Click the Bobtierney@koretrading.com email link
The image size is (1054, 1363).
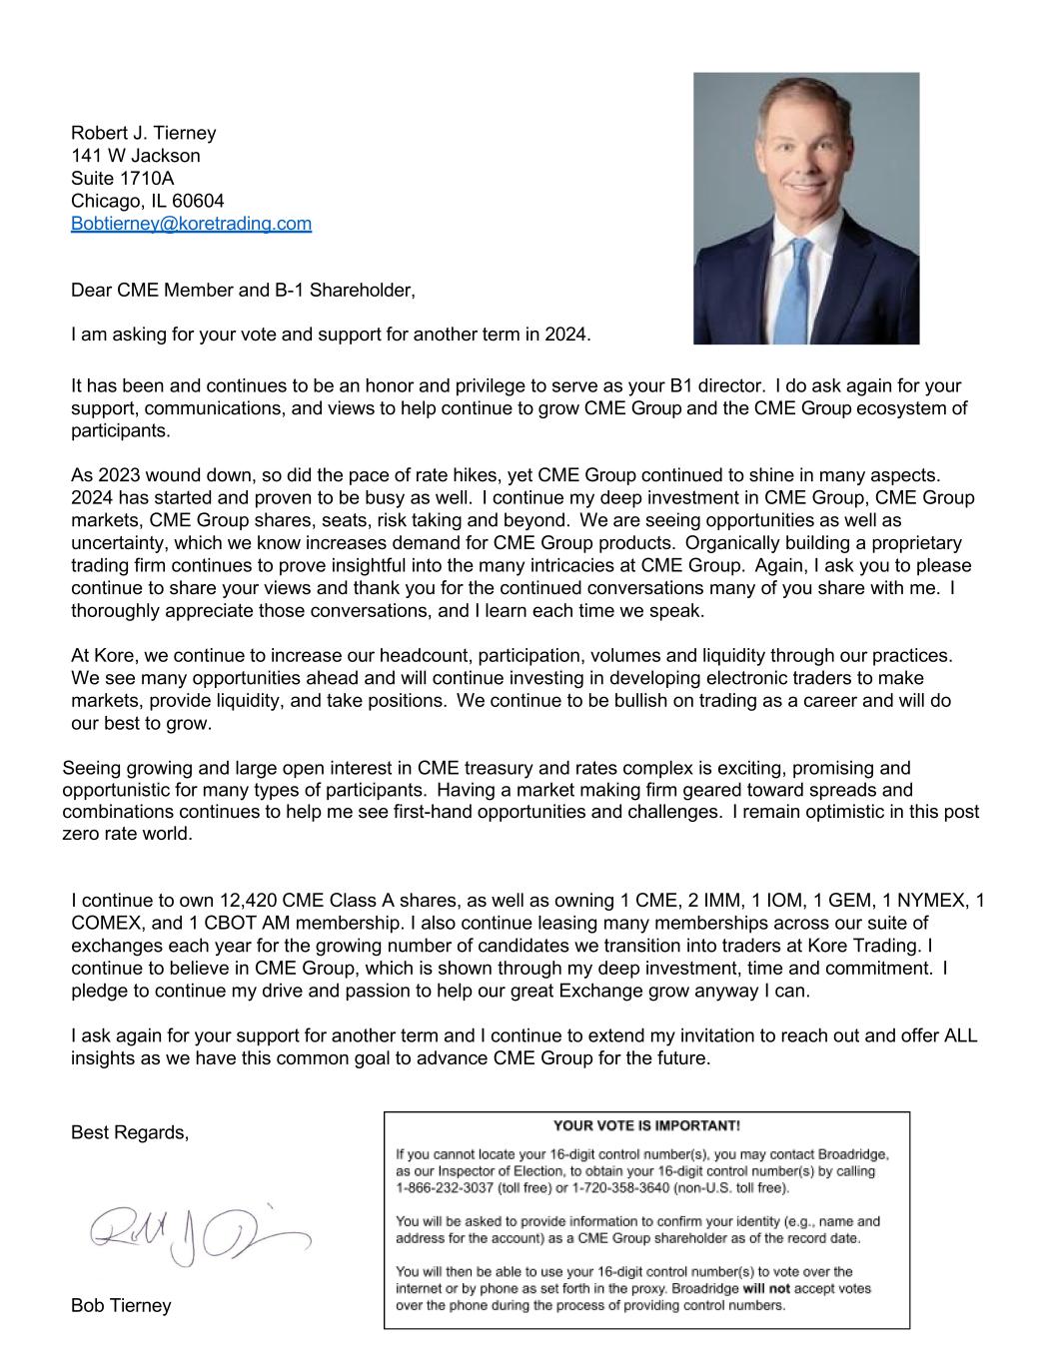(191, 224)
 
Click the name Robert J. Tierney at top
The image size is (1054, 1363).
(143, 133)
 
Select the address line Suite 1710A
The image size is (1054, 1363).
(122, 179)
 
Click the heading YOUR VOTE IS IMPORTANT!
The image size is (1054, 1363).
(646, 1125)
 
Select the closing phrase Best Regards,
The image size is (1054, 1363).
(130, 1132)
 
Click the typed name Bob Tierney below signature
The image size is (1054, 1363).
(121, 1305)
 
